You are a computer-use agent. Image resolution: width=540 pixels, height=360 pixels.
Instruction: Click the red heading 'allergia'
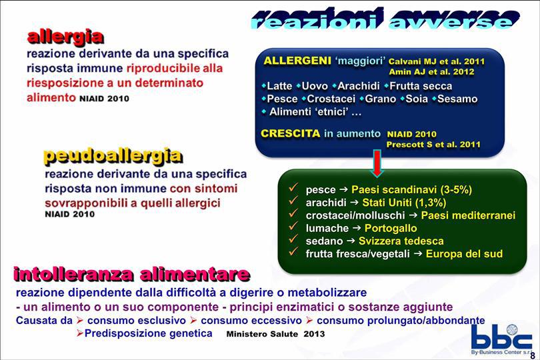tap(65, 37)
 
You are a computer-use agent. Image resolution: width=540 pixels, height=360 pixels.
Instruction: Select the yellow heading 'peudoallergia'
tap(113, 156)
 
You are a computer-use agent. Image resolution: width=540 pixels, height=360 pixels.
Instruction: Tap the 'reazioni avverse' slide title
tap(385, 19)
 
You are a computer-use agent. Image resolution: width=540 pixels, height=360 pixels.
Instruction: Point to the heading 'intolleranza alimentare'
tap(131, 274)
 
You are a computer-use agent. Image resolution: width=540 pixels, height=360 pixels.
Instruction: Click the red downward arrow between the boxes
tap(377, 163)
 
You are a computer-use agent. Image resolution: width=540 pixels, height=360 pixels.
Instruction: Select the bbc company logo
tap(501, 339)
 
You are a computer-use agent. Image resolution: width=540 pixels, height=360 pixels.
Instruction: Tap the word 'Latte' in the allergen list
tap(279, 86)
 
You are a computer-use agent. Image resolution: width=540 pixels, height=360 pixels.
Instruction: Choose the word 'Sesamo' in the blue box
tap(457, 99)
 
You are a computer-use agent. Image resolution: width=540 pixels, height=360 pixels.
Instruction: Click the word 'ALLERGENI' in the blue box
tap(297, 61)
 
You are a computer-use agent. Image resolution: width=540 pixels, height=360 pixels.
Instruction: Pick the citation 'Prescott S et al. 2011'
tap(433, 145)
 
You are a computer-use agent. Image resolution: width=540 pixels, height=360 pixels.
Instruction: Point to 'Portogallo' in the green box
tap(391, 228)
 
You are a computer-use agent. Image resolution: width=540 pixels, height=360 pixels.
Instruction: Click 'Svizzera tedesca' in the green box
tap(401, 241)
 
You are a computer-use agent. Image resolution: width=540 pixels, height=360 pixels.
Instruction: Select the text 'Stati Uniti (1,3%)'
tap(404, 202)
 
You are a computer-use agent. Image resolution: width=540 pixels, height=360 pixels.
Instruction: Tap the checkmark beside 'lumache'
tap(293, 227)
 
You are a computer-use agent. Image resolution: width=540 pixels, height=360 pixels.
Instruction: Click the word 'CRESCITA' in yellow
tap(290, 133)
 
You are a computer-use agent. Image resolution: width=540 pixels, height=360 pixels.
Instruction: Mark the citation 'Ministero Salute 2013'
tap(275, 334)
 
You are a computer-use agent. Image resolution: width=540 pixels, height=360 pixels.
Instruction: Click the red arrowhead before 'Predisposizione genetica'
tap(80, 333)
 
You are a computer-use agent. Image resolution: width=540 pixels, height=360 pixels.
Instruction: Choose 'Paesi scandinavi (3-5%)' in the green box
tap(411, 189)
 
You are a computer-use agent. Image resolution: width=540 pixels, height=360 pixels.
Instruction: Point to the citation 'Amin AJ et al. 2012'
tap(431, 71)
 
